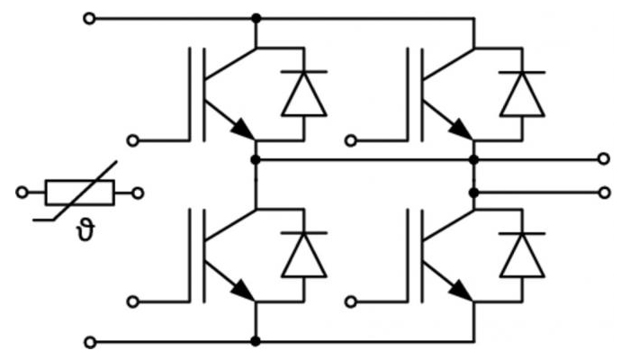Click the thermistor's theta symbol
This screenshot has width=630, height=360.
pyautogui.click(x=86, y=231)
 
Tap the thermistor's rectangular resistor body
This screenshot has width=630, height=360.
pyautogui.click(x=80, y=193)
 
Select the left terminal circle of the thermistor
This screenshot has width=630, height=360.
pyautogui.click(x=22, y=193)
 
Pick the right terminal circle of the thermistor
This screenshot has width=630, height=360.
pyautogui.click(x=138, y=193)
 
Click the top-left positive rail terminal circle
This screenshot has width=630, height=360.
pyautogui.click(x=89, y=19)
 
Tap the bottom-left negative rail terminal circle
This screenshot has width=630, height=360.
pyautogui.click(x=90, y=342)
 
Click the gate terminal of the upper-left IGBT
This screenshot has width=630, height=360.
pyautogui.click(x=133, y=141)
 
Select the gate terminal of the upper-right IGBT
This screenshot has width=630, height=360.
pyautogui.click(x=351, y=141)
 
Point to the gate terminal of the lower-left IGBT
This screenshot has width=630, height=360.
pyautogui.click(x=133, y=301)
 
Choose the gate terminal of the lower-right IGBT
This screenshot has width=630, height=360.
pyautogui.click(x=351, y=301)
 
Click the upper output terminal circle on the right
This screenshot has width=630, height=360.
pyautogui.click(x=604, y=158)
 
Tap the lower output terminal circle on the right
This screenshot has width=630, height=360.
pyautogui.click(x=604, y=193)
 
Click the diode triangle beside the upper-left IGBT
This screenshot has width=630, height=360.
pyautogui.click(x=304, y=94)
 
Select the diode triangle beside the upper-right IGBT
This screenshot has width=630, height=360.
pyautogui.click(x=522, y=94)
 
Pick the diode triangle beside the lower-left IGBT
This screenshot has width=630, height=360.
pyautogui.click(x=304, y=255)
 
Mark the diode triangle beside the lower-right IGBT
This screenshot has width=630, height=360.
pyautogui.click(x=522, y=255)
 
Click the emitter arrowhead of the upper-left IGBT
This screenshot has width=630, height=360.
pyautogui.click(x=244, y=130)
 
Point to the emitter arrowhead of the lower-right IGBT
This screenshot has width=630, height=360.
pyautogui.click(x=462, y=291)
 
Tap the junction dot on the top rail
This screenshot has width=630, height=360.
pyautogui.click(x=256, y=18)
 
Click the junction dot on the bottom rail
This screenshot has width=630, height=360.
pyautogui.click(x=255, y=341)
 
